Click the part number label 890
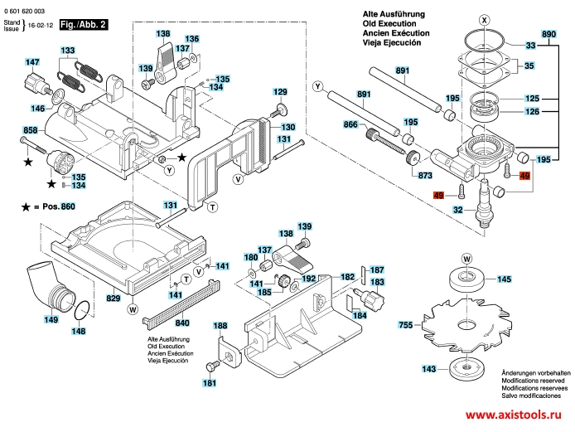548,34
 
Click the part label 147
31,63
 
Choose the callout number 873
424,176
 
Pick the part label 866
350,124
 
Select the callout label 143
428,369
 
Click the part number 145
503,280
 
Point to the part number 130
287,127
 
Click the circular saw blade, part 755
465,323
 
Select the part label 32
457,211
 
